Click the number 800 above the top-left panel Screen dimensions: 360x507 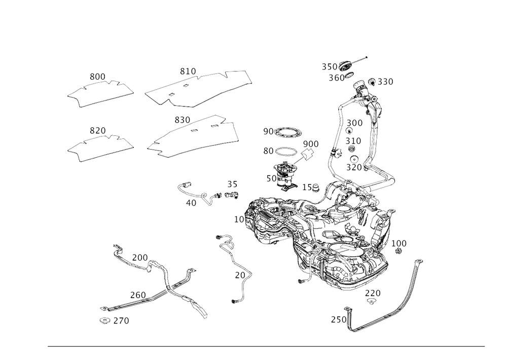point(97,77)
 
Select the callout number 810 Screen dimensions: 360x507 point(188,71)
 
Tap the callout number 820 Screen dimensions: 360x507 point(182,121)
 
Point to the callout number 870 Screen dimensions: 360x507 point(97,131)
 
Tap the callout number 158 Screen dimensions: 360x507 point(310,188)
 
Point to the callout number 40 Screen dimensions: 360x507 point(191,203)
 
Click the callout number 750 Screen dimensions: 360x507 point(338,319)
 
